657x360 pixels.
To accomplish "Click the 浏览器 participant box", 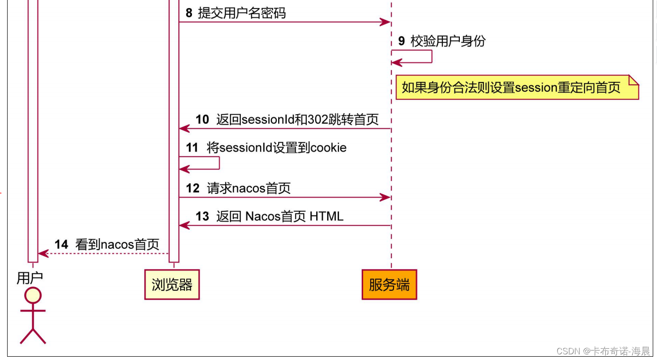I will point(172,285).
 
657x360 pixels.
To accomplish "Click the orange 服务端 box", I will point(389,285).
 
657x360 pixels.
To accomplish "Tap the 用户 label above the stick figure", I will point(29,278).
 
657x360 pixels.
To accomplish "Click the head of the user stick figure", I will point(33,296).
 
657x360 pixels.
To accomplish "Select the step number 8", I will point(189,13).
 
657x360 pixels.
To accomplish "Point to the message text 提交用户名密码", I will point(242,13).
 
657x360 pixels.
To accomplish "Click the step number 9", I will point(401,41).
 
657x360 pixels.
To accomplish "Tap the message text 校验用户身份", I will point(448,41).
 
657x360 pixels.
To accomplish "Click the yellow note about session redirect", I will point(517,87).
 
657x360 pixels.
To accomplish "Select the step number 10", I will point(202,119).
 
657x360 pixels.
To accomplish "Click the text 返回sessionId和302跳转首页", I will point(298,119).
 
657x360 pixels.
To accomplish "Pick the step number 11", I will point(192,148).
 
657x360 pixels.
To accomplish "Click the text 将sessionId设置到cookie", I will point(277,148).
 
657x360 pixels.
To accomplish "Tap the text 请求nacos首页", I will point(249,188).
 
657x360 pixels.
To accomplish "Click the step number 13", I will point(202,216).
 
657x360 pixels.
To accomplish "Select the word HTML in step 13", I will point(327,216).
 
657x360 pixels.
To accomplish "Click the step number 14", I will point(61,244).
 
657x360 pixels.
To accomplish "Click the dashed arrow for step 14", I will point(104,254).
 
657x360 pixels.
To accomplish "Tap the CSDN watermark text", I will point(603,351).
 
